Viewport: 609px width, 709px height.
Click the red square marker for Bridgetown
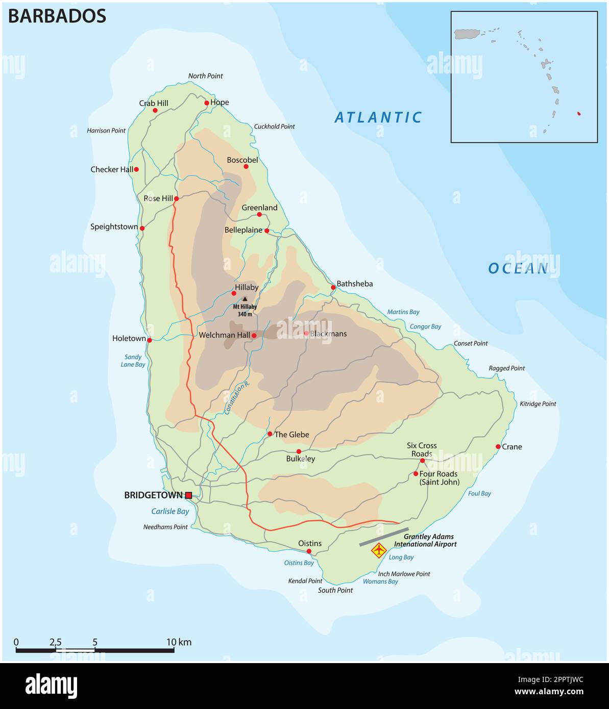(188, 495)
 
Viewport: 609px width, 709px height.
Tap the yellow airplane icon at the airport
(378, 550)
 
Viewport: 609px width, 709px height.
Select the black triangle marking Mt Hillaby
(245, 299)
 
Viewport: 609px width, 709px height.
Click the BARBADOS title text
(57, 16)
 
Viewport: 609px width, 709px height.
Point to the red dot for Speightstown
(142, 228)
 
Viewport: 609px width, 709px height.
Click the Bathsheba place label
(355, 284)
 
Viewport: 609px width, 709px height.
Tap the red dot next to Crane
(498, 446)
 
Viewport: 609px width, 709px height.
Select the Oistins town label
(310, 543)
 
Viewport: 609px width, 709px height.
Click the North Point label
(205, 76)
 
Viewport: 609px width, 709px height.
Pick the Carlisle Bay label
(170, 511)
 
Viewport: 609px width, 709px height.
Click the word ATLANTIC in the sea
(378, 118)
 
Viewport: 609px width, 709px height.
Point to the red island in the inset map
(579, 113)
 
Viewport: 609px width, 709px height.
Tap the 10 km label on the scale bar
(179, 642)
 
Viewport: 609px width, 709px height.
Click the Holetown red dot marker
(150, 340)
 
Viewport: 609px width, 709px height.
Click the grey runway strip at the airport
(384, 537)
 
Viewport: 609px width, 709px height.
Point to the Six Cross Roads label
(422, 449)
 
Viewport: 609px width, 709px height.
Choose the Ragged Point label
(506, 368)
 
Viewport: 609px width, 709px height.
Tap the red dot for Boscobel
(246, 166)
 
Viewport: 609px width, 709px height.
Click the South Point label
(335, 590)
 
